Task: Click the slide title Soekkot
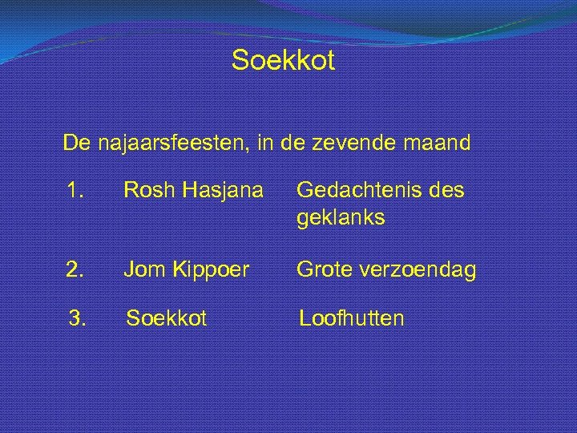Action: tap(283, 60)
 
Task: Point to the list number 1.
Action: tap(76, 191)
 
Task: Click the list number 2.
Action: tap(76, 270)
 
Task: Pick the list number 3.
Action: tap(77, 318)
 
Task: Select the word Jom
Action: tap(141, 270)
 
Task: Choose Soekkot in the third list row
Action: tap(166, 318)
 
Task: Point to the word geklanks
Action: tap(341, 217)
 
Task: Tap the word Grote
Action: tap(322, 270)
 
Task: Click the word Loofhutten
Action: tap(351, 318)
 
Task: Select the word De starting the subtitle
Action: tap(77, 144)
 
